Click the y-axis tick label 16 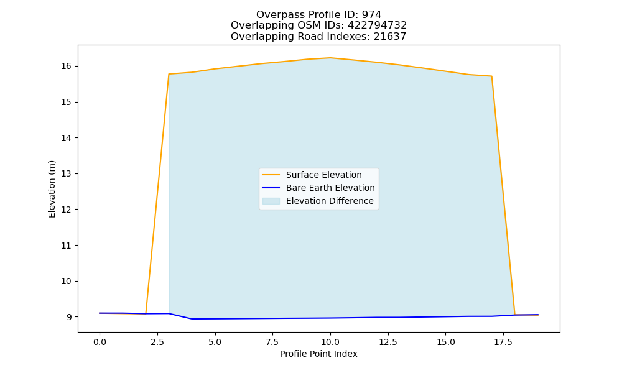pyautogui.click(x=67, y=66)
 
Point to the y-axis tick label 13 pyautogui.click(x=67, y=173)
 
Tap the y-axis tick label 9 pyautogui.click(x=69, y=317)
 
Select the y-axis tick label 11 pyautogui.click(x=67, y=246)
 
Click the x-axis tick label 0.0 pyautogui.click(x=100, y=342)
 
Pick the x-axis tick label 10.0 pyautogui.click(x=330, y=342)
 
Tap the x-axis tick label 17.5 pyautogui.click(x=503, y=342)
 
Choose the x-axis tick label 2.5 pyautogui.click(x=157, y=342)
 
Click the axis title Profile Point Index pyautogui.click(x=318, y=354)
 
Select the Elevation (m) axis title pyautogui.click(x=52, y=189)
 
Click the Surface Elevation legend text pyautogui.click(x=323, y=175)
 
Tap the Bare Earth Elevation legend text pyautogui.click(x=330, y=188)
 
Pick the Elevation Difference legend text pyautogui.click(x=330, y=201)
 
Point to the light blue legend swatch pyautogui.click(x=271, y=201)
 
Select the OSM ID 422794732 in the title pyautogui.click(x=378, y=25)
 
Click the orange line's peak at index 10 pyautogui.click(x=330, y=58)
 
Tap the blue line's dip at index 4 pyautogui.click(x=192, y=319)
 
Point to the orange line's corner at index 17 pyautogui.click(x=491, y=76)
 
